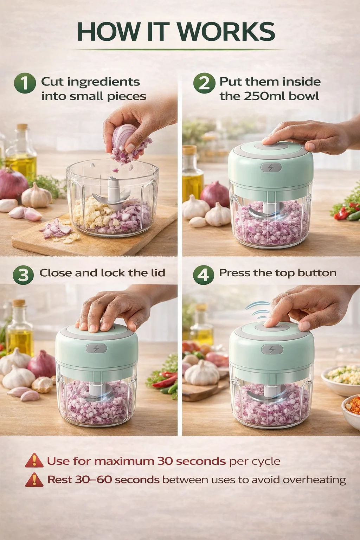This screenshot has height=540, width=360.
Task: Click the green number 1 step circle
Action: [x=25, y=83]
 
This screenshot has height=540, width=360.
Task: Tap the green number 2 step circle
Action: [x=204, y=83]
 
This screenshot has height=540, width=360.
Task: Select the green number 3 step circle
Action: [x=23, y=275]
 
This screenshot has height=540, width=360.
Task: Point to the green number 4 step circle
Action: [x=204, y=275]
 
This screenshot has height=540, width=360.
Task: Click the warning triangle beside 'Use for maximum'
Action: [x=34, y=460]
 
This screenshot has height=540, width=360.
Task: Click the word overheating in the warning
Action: [x=314, y=480]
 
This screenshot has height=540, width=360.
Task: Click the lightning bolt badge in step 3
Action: [x=96, y=348]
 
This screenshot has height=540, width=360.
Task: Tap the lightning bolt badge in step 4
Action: [x=272, y=349]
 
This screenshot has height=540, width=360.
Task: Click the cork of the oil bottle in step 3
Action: [x=19, y=303]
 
